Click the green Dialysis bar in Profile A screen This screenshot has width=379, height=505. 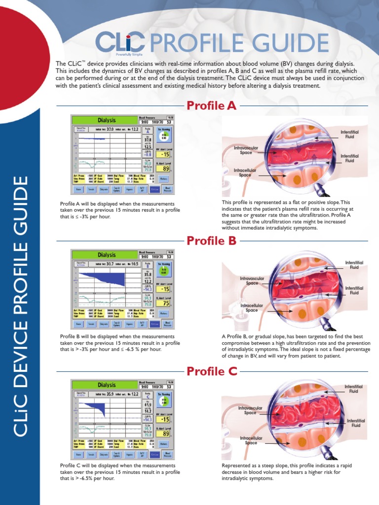107,120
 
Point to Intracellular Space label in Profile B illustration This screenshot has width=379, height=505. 252,308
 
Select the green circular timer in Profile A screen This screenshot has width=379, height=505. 163,137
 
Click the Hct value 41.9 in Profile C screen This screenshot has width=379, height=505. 148,405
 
